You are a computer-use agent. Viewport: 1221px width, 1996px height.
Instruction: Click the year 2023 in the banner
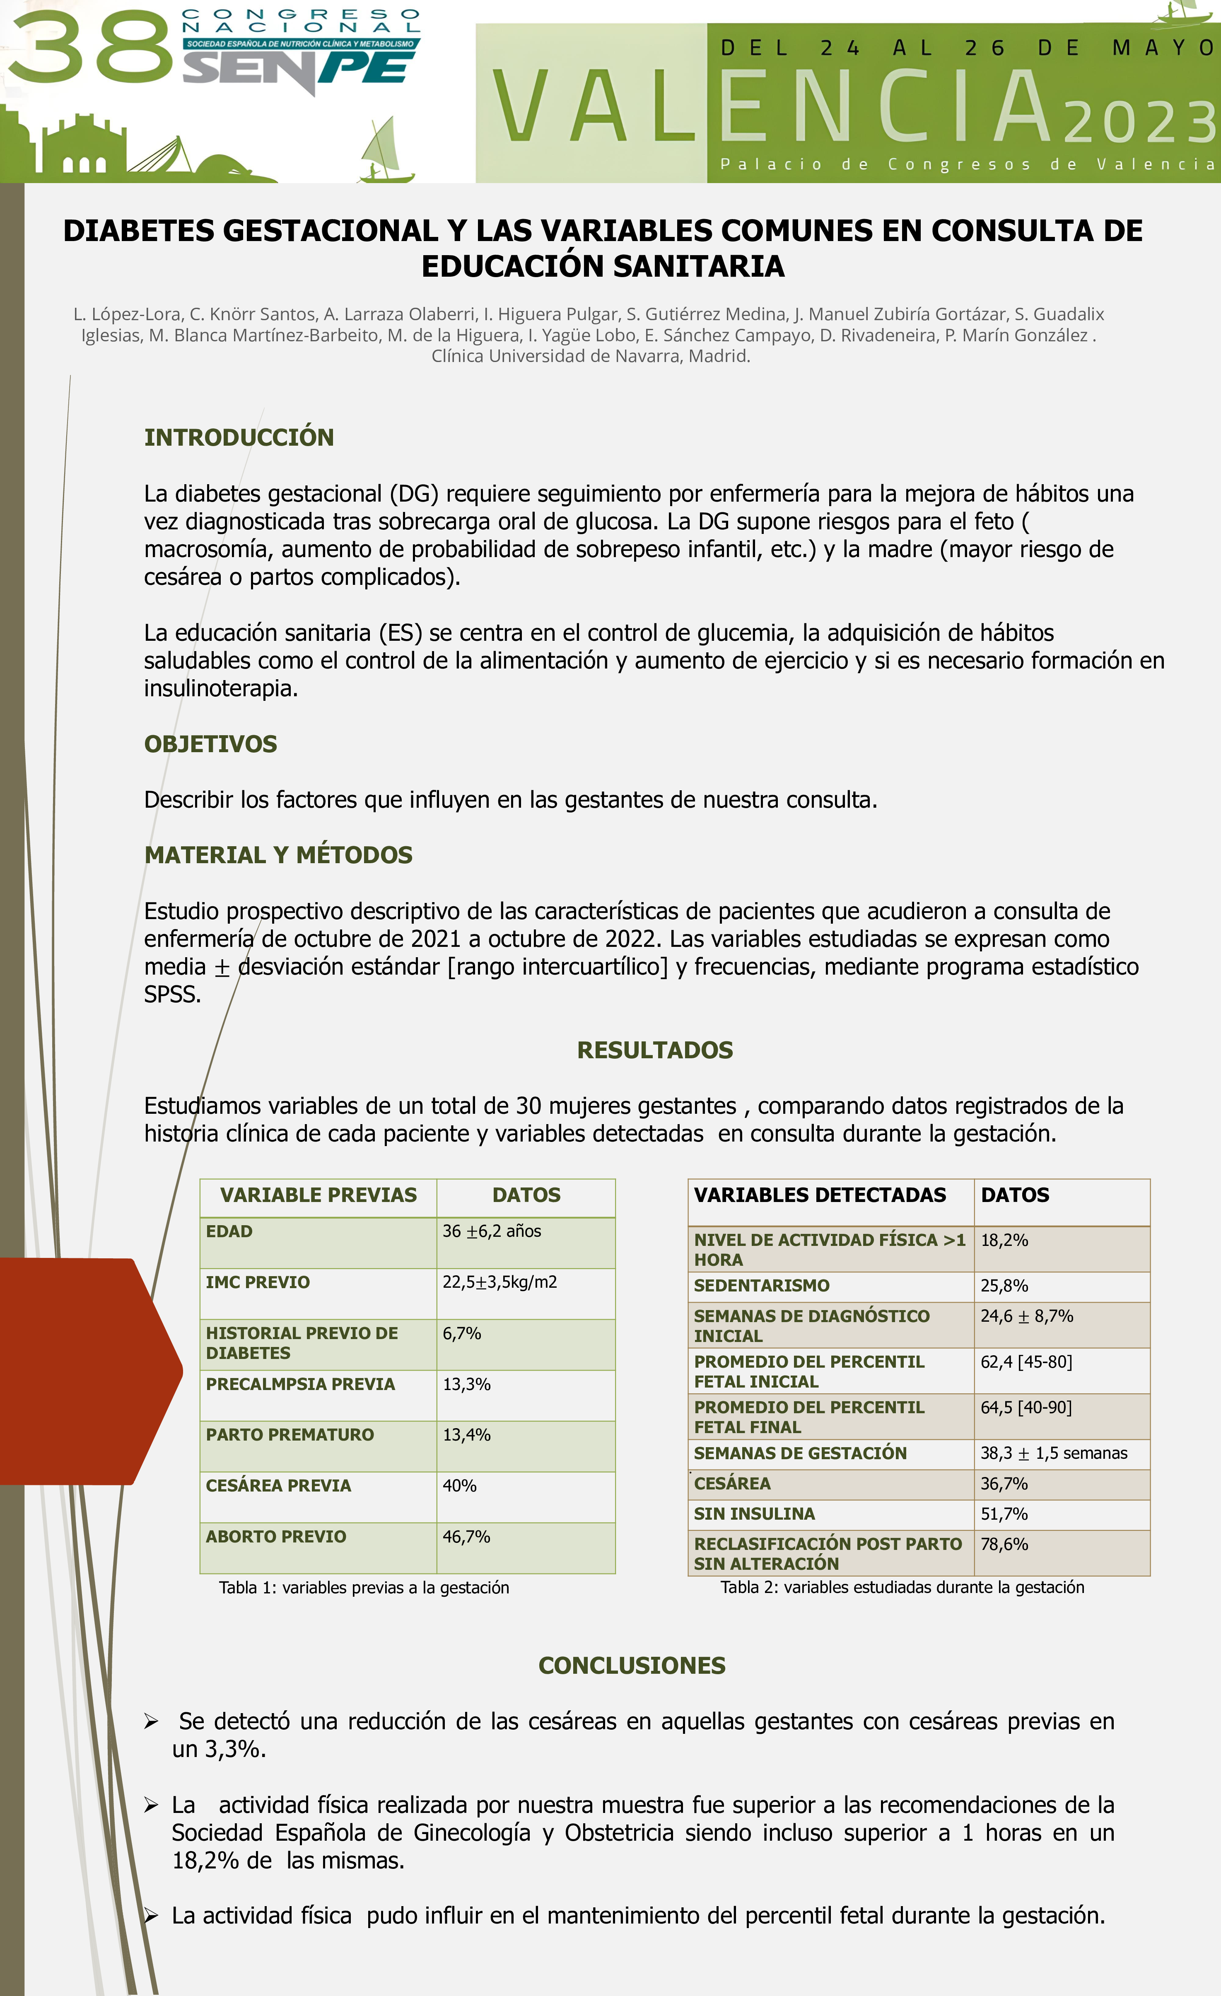click(x=1138, y=123)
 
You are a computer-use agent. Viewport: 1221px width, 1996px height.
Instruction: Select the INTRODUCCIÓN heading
click(x=239, y=437)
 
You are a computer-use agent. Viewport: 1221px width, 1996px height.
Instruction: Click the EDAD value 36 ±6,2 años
click(x=492, y=1231)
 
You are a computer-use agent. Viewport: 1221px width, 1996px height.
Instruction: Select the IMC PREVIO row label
click(x=258, y=1282)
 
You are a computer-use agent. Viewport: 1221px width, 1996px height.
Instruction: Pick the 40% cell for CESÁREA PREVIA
click(x=459, y=1486)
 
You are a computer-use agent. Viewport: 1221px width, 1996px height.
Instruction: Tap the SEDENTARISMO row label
click(x=762, y=1286)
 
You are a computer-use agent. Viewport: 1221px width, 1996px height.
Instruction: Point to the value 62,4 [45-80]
click(x=1026, y=1362)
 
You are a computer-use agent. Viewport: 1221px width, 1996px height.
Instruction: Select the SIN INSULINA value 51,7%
click(x=1004, y=1514)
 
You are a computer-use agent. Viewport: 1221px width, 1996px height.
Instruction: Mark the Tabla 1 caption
click(x=364, y=1588)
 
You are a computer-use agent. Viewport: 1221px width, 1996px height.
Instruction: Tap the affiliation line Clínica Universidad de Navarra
click(x=591, y=357)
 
